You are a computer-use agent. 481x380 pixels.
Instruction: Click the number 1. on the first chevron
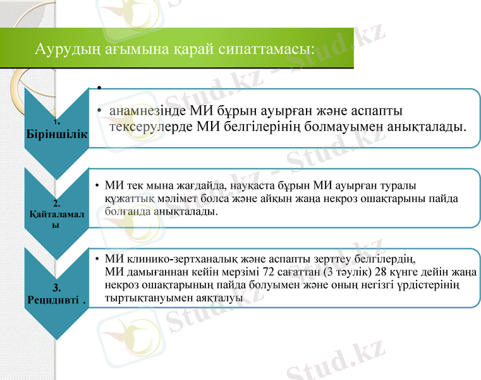[x=56, y=122]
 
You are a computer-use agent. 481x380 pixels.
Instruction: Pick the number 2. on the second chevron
[x=56, y=203]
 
